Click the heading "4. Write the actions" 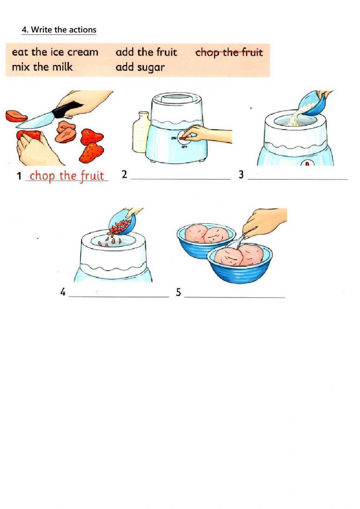point(59,30)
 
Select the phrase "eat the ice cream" point(55,52)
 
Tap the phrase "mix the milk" point(42,67)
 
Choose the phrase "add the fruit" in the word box point(146,52)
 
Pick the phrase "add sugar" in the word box point(140,67)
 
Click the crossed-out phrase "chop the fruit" point(229,53)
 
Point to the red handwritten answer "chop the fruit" point(67,176)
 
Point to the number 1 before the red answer point(19,176)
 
